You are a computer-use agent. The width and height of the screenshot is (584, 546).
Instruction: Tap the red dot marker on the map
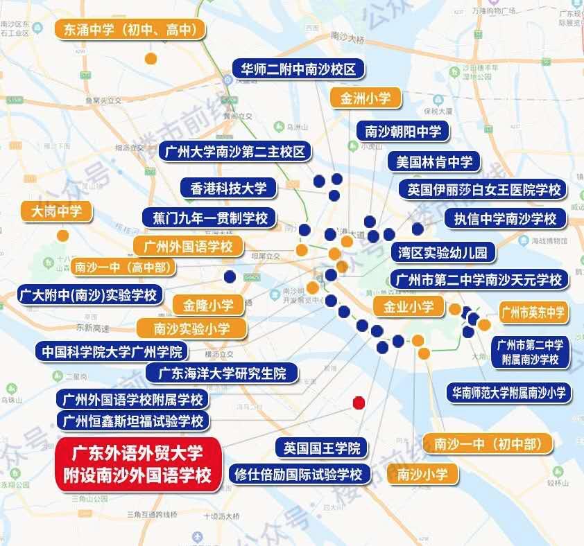359,402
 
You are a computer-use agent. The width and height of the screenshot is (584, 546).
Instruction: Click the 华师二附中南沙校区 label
298,69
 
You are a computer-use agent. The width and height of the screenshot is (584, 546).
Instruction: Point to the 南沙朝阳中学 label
403,130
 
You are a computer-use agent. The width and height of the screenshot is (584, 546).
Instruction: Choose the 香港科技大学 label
228,187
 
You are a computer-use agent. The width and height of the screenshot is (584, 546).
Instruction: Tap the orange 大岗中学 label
62,211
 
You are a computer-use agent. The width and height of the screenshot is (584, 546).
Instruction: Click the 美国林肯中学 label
434,162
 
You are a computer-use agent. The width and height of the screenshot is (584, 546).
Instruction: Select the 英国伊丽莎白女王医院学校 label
483,189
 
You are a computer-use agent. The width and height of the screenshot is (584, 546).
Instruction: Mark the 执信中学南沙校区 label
505,219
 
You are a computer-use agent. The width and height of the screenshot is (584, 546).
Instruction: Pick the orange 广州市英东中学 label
533,312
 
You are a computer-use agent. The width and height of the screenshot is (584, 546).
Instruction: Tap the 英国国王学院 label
323,448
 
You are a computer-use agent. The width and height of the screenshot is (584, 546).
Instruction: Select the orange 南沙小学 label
428,475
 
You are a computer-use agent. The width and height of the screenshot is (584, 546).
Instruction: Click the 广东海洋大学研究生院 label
222,373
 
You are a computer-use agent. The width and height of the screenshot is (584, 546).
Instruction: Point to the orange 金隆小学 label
208,304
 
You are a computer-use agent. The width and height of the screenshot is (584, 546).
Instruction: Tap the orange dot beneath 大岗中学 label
62,235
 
